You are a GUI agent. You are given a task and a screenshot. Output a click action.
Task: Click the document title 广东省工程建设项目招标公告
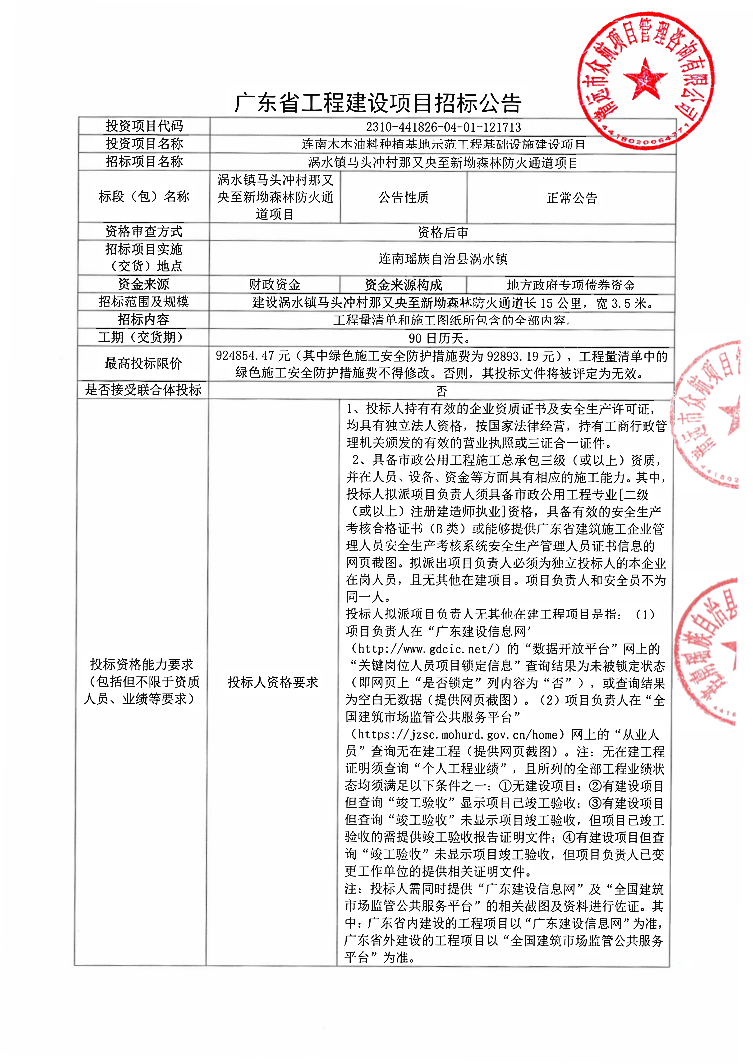(x=378, y=103)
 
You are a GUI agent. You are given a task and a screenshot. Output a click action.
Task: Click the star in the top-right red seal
(x=644, y=79)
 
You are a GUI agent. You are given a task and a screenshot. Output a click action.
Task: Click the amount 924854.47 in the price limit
(x=245, y=356)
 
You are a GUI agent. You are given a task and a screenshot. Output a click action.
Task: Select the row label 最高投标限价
(x=143, y=364)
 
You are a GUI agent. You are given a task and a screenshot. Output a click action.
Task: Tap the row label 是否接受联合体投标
(x=143, y=390)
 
